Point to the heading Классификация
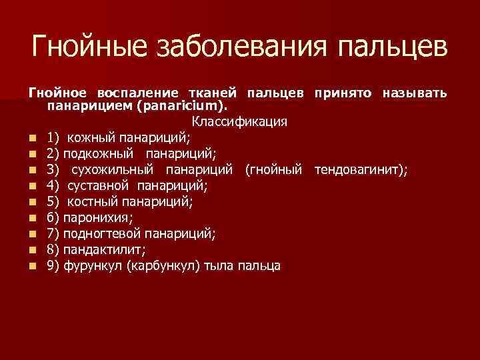(x=239, y=121)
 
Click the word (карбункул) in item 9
(x=164, y=266)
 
